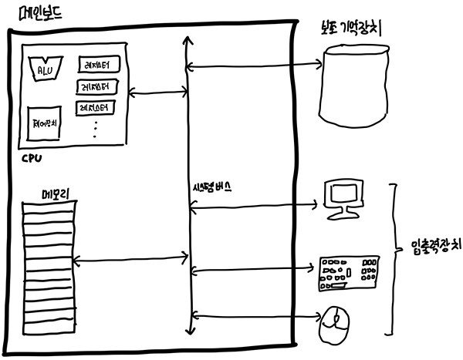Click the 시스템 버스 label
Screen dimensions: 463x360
[213, 187]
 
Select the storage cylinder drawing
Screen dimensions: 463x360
[352, 83]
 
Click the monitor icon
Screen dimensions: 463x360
[341, 198]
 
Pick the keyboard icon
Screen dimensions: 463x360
[348, 272]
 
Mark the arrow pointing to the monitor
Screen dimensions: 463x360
[255, 205]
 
